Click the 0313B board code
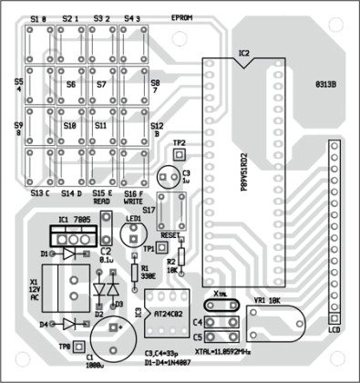[325, 86]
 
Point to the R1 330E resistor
[134, 271]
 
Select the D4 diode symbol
[68, 324]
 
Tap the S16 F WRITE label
[134, 197]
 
